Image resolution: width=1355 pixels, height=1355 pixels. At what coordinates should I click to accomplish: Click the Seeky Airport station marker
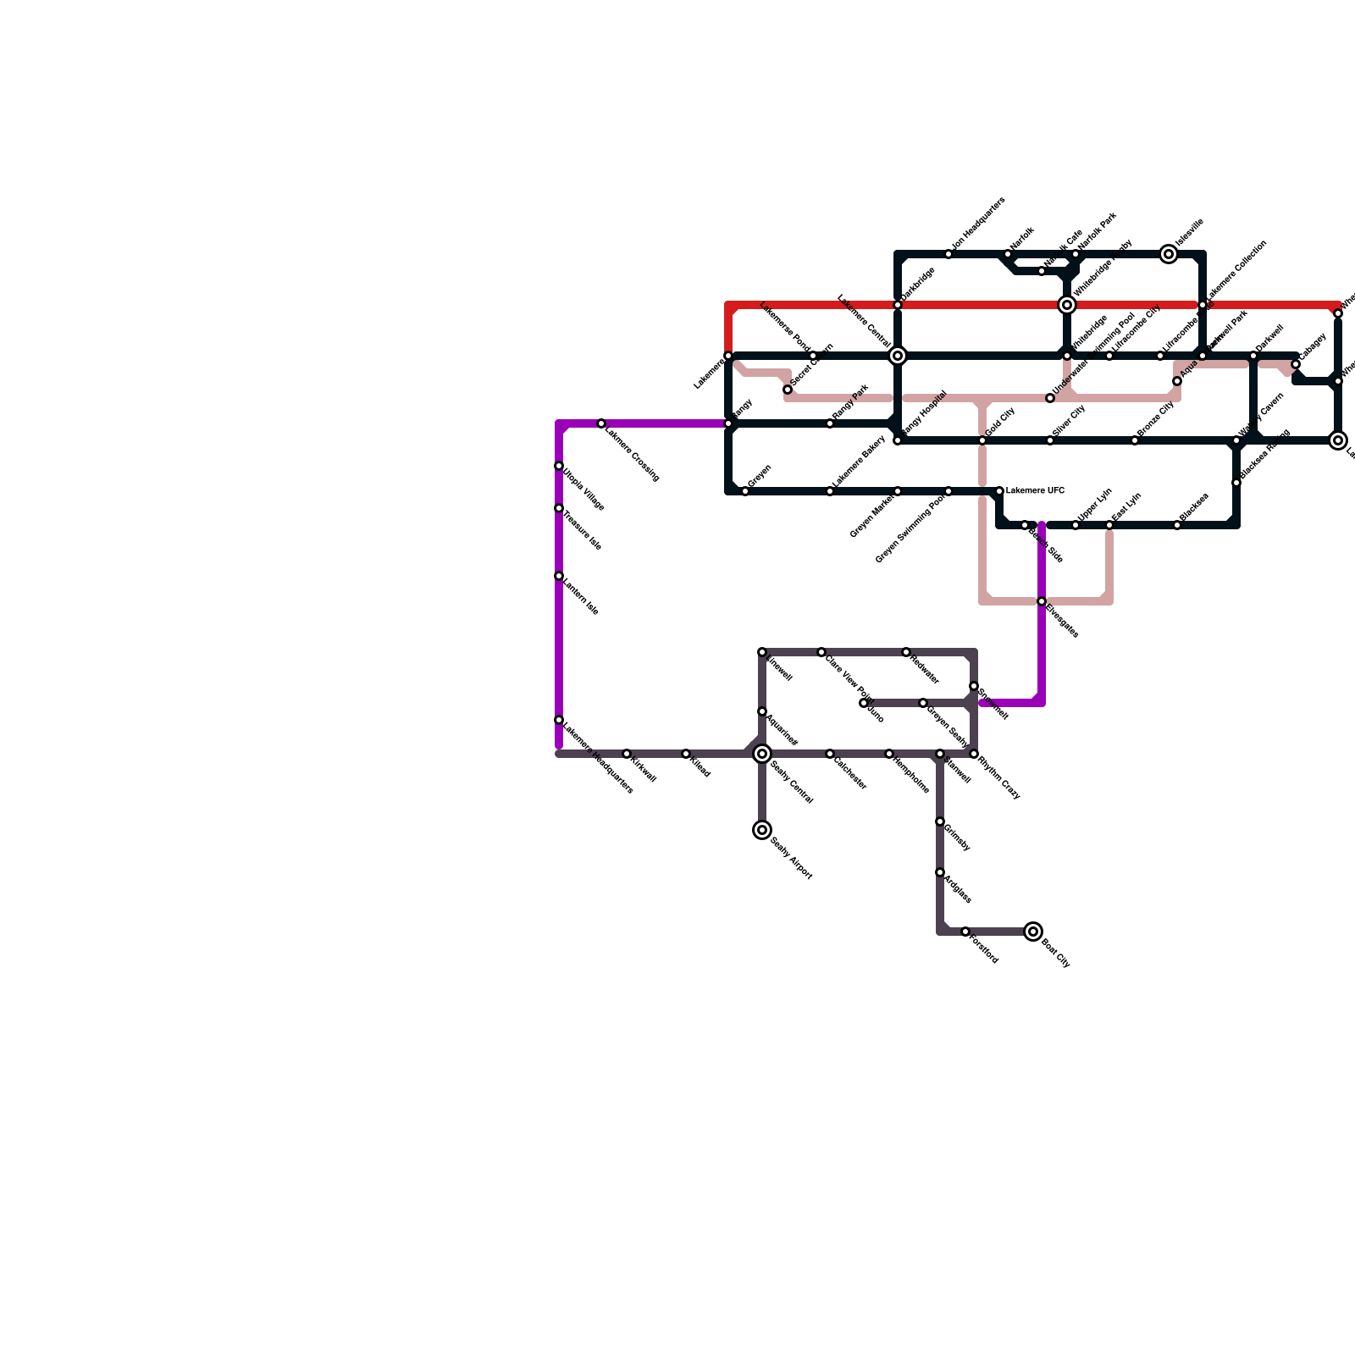pyautogui.click(x=762, y=830)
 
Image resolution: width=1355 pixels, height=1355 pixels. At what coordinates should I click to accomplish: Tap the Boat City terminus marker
pyautogui.click(x=1033, y=932)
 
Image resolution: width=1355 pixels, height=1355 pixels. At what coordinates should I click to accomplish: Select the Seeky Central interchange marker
pyautogui.click(x=762, y=754)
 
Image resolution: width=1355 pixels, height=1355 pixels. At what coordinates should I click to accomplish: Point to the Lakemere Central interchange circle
pyautogui.click(x=898, y=356)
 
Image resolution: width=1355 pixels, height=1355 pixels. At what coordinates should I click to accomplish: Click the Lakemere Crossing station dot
pyautogui.click(x=601, y=423)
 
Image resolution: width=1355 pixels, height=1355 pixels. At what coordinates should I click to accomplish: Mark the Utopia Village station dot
pyautogui.click(x=559, y=466)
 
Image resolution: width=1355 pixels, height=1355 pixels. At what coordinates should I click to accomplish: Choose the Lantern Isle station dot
pyautogui.click(x=559, y=576)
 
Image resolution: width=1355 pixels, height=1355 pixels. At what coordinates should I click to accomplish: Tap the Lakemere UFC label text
pyautogui.click(x=1035, y=491)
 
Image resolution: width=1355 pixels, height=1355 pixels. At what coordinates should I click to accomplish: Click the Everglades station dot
pyautogui.click(x=1042, y=601)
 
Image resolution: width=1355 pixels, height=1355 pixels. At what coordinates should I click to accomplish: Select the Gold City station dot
pyautogui.click(x=982, y=440)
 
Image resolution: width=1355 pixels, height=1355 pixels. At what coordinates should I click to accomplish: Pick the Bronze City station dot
pyautogui.click(x=1135, y=440)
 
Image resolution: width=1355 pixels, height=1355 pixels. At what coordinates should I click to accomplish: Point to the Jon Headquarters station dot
pyautogui.click(x=948, y=254)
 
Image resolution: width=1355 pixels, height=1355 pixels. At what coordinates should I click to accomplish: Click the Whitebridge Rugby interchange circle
pyautogui.click(x=1067, y=305)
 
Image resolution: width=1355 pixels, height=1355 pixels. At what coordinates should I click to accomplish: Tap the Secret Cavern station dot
pyautogui.click(x=788, y=390)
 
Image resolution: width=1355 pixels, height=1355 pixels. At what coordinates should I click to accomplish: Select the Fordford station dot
pyautogui.click(x=965, y=932)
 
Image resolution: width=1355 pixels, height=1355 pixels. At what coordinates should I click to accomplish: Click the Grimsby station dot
pyautogui.click(x=940, y=821)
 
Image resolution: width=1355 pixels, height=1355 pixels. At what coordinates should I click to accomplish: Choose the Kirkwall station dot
pyautogui.click(x=627, y=754)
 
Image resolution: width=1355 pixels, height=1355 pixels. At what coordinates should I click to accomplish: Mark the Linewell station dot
pyautogui.click(x=762, y=652)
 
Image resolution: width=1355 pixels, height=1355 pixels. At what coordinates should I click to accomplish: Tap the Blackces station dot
pyautogui.click(x=1177, y=525)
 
